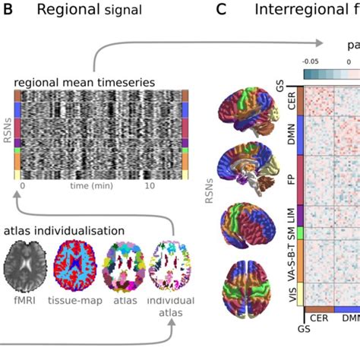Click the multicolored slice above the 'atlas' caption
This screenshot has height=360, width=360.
coord(124,264)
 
